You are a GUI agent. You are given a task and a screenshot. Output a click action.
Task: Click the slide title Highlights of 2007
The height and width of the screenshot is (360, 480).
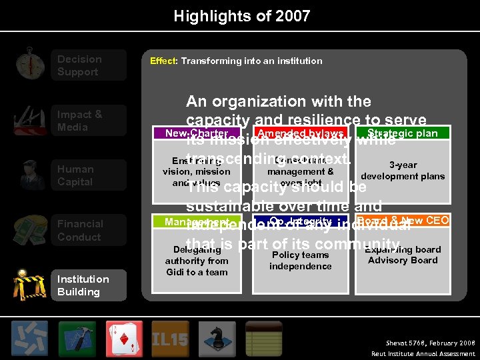241,16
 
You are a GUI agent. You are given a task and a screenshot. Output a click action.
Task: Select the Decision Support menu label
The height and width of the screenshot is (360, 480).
79,65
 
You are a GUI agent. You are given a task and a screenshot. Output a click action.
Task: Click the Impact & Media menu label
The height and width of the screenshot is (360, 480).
79,121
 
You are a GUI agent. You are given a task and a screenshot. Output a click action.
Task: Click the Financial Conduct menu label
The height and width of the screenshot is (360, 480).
80,231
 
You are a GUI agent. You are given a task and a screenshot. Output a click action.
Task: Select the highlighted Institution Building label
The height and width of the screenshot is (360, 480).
83,285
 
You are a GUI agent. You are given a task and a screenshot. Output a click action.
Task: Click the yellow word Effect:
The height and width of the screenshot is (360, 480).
163,61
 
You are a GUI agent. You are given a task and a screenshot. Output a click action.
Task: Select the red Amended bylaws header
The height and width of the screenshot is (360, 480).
300,133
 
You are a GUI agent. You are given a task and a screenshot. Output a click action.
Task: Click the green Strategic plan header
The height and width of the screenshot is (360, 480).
403,133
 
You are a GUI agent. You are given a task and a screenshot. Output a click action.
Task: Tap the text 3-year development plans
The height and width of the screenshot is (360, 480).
403,171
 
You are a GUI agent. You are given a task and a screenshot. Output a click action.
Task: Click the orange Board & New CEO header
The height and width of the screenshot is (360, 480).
403,221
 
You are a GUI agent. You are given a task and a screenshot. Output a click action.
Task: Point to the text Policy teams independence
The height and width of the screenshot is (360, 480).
300,261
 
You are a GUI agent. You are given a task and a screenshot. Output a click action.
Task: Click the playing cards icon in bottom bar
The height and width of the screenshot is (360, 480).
124,337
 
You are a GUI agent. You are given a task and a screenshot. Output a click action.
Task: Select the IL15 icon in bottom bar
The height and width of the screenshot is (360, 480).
171,338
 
